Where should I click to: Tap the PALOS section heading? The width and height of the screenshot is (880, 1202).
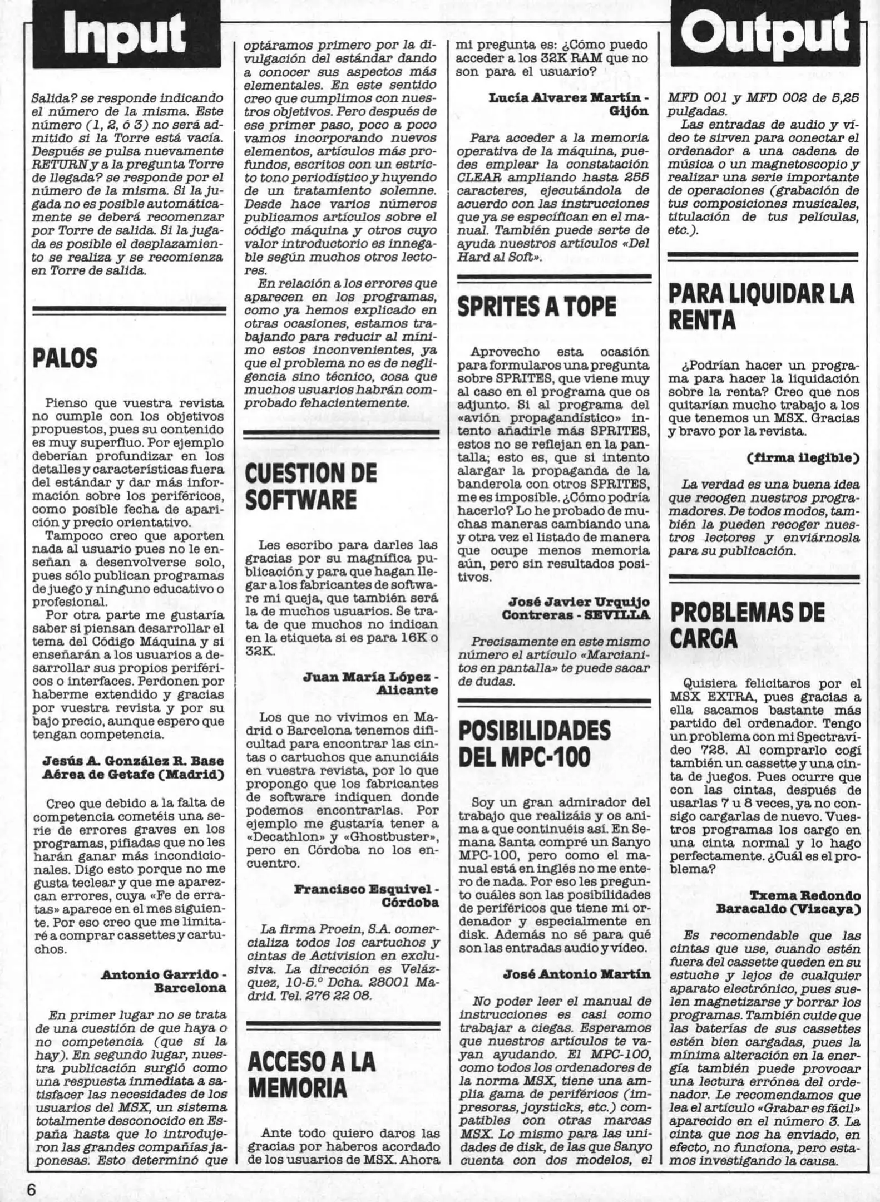click(x=65, y=359)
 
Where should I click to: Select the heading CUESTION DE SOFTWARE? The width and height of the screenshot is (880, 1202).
click(x=310, y=487)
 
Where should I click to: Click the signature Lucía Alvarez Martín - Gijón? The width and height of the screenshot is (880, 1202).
click(x=568, y=104)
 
